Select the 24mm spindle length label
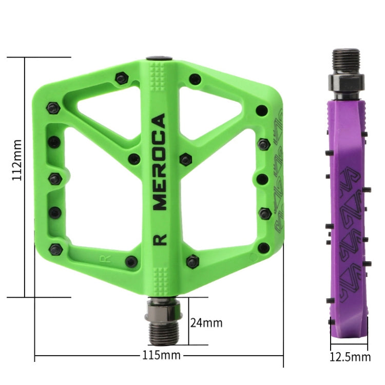(x=206, y=323)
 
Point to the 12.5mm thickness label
(x=350, y=357)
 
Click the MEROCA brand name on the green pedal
(x=160, y=162)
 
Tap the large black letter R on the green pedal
(x=160, y=240)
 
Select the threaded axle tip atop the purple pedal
(x=345, y=61)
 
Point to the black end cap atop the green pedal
(x=159, y=59)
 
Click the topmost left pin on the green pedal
(x=121, y=79)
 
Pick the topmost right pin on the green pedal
(x=195, y=79)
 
